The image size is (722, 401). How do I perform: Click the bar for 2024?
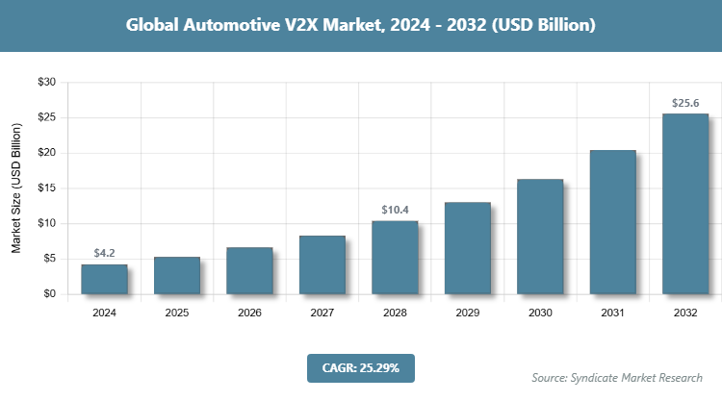click(x=104, y=279)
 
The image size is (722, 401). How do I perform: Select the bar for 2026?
click(x=249, y=270)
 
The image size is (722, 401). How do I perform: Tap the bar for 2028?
click(x=395, y=258)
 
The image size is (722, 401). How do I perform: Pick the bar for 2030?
click(x=540, y=237)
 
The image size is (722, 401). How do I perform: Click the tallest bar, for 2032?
click(x=685, y=204)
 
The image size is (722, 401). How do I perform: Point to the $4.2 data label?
click(x=104, y=253)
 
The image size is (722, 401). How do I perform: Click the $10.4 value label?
click(x=395, y=210)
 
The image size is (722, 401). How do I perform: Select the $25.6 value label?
click(x=685, y=102)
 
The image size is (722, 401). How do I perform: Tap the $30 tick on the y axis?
click(x=46, y=83)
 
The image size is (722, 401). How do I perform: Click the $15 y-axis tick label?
click(x=46, y=188)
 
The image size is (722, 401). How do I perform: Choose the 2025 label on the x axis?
click(x=177, y=313)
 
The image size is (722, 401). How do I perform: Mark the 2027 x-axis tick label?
click(x=322, y=313)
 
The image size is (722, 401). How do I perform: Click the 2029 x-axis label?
click(x=468, y=313)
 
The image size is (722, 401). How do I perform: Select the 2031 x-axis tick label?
click(x=613, y=313)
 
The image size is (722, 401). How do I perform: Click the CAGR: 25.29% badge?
click(x=360, y=367)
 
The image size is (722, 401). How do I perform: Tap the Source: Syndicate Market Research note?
click(x=617, y=377)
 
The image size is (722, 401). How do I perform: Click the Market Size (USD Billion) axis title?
click(x=16, y=188)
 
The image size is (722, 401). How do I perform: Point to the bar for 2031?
click(x=613, y=222)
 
